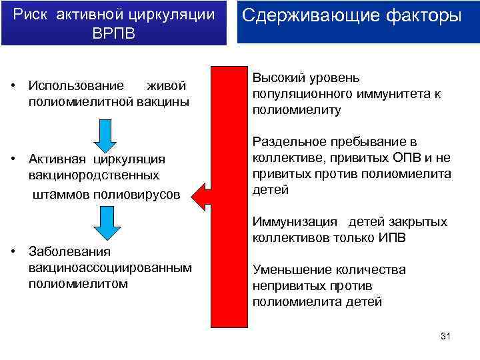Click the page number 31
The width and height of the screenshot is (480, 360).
[446, 336]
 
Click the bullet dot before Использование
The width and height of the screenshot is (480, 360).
[13, 86]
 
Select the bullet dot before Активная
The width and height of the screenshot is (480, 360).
[13, 159]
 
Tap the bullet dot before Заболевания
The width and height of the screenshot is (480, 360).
[13, 251]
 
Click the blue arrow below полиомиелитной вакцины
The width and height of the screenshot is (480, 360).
[105, 135]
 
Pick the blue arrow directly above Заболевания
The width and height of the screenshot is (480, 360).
[105, 223]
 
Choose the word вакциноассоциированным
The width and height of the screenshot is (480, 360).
[110, 267]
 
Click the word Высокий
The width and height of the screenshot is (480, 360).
[275, 79]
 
